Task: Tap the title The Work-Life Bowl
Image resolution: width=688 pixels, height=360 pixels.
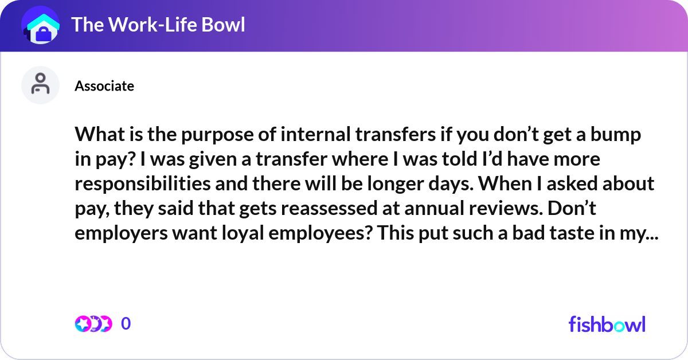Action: click(158, 25)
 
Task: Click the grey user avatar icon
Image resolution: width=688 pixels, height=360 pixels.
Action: click(40, 85)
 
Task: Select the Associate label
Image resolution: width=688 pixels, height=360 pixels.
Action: click(104, 86)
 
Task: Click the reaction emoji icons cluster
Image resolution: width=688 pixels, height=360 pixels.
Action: click(92, 324)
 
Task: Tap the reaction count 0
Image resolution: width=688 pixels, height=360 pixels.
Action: click(126, 324)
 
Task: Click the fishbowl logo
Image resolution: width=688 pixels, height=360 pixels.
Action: click(607, 324)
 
